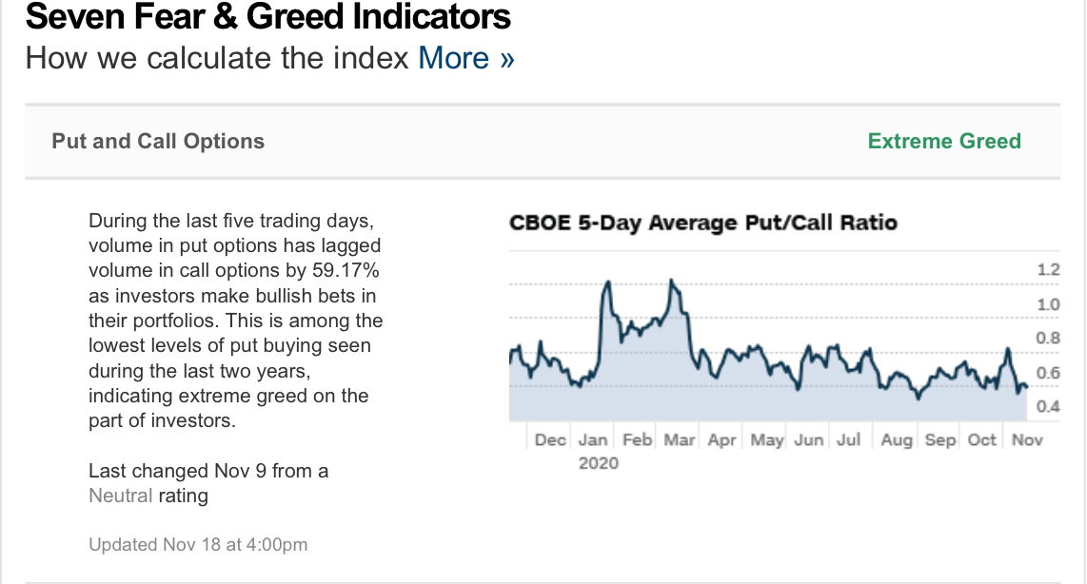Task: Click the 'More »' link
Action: tap(466, 58)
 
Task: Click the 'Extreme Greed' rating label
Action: tap(943, 141)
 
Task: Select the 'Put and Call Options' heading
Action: tap(158, 141)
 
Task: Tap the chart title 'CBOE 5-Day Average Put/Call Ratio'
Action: tap(703, 223)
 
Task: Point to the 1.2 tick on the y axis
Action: tap(1048, 270)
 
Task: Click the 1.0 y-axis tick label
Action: tap(1048, 304)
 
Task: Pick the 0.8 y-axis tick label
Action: tap(1048, 339)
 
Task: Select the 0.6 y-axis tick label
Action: tap(1048, 373)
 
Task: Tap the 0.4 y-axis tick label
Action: tap(1048, 407)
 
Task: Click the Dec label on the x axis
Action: tap(550, 439)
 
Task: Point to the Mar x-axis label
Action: tap(680, 439)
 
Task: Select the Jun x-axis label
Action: tap(808, 439)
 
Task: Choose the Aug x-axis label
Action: tap(896, 439)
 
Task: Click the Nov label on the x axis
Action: tap(1027, 439)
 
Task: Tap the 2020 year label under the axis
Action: tap(598, 463)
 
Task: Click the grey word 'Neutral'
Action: tap(120, 496)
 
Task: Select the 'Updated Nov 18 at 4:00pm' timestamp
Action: tap(198, 545)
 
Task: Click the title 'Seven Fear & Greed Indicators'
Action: tap(268, 16)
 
